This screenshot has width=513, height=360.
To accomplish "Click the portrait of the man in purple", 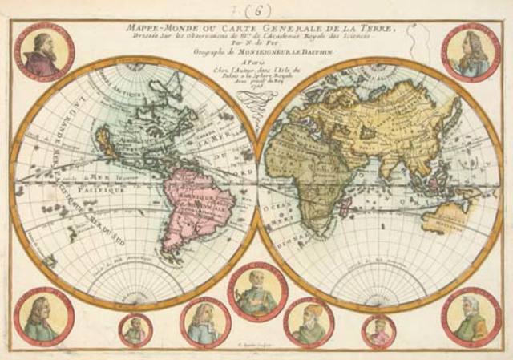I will (x=43, y=52).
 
